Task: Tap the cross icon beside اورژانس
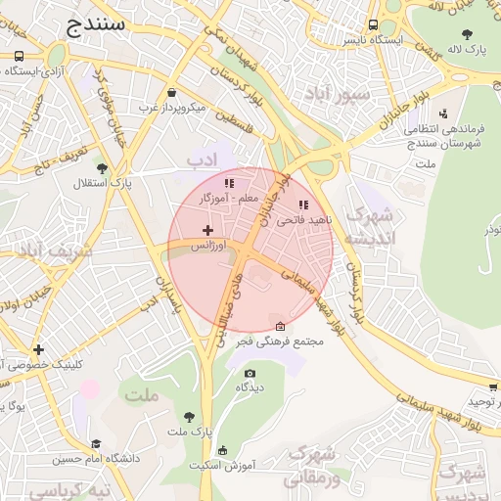(x=207, y=230)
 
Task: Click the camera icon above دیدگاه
(x=250, y=373)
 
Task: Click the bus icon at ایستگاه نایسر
(x=373, y=25)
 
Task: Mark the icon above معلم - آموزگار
(x=229, y=183)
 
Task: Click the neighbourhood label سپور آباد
(x=338, y=95)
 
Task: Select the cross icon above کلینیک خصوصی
(x=38, y=349)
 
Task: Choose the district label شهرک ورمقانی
(x=313, y=464)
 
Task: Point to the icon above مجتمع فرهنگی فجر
(x=281, y=326)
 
